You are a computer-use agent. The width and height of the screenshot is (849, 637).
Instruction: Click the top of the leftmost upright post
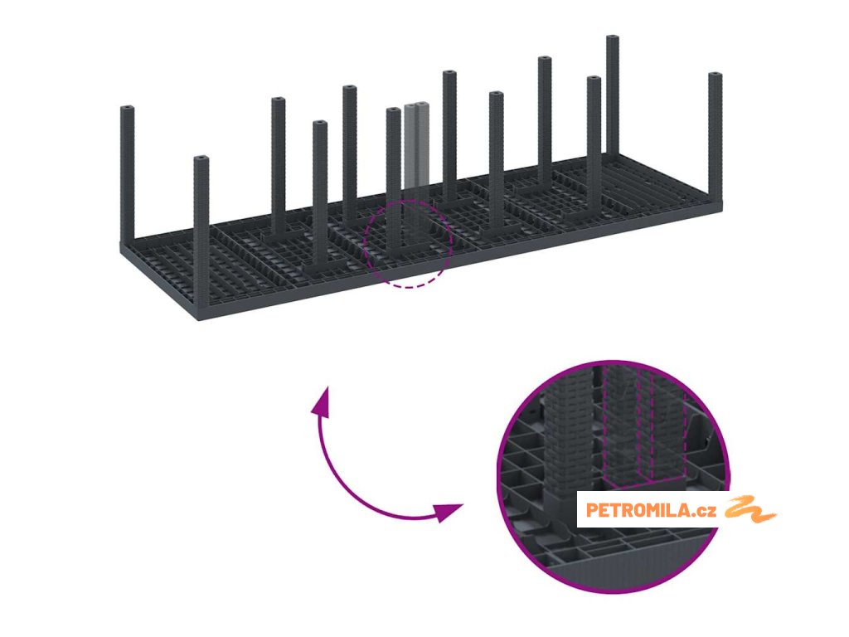(127, 109)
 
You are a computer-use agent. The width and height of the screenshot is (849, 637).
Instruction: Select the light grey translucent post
(417, 145)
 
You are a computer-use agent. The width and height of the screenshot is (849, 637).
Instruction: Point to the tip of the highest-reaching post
(613, 39)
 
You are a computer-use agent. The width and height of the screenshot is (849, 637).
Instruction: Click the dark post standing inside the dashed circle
(393, 182)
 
